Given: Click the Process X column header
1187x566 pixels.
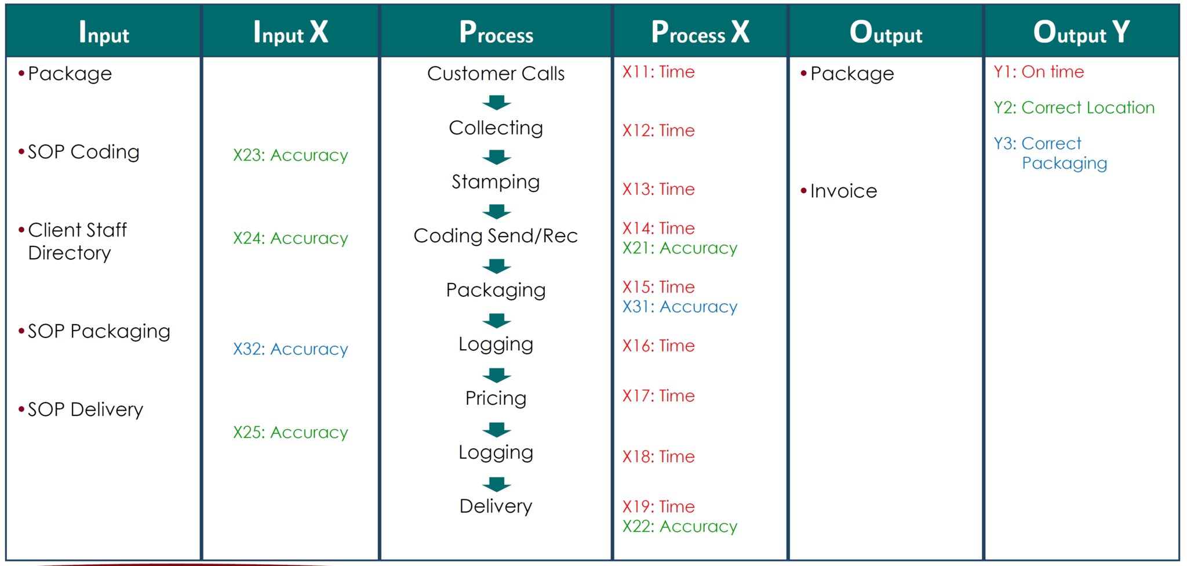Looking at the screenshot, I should tap(700, 32).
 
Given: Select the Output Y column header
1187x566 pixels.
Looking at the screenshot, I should tap(1082, 32).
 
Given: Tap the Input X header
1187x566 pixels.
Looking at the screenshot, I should tap(290, 32).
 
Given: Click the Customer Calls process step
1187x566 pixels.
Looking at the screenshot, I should tap(496, 74).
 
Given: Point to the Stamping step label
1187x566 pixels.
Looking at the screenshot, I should tap(496, 182).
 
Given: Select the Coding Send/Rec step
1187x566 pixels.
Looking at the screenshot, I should tap(496, 236).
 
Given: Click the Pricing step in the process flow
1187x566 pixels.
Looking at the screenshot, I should tap(496, 398).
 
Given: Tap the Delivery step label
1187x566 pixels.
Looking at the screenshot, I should tap(496, 506).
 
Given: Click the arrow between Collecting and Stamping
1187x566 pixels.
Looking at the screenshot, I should tap(497, 157).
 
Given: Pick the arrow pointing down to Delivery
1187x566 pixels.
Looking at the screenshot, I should tap(497, 484).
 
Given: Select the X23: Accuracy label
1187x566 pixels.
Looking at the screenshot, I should tap(290, 155).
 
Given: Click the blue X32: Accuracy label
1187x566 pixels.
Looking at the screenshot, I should tap(290, 349).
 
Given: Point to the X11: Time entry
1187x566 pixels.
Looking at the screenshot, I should tap(658, 72).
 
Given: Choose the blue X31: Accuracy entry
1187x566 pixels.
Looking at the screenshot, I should tap(680, 307).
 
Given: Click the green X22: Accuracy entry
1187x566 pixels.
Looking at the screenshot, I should tap(680, 527).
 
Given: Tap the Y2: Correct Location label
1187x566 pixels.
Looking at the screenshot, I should tap(1074, 108).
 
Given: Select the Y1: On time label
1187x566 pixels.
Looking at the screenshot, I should tap(1039, 72).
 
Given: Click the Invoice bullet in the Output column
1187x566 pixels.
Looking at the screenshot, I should tap(843, 191).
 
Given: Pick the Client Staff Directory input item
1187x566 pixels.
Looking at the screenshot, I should tap(77, 241).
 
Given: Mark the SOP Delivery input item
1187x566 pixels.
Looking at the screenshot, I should tap(85, 410).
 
